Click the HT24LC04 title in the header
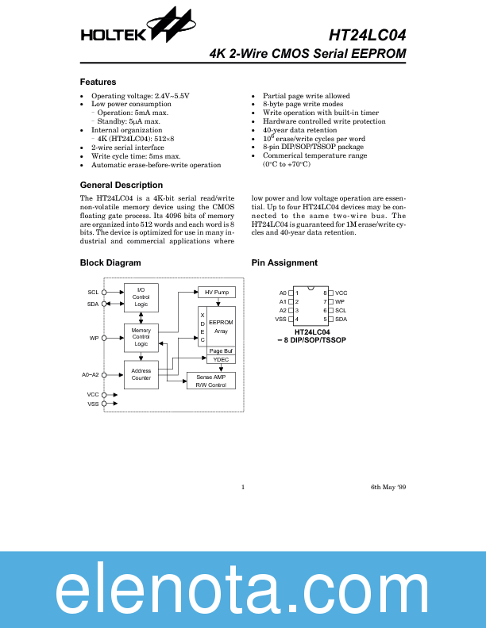pyautogui.click(x=367, y=35)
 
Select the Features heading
pyautogui.click(x=98, y=82)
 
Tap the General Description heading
pyautogui.click(x=121, y=185)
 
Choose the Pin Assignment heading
pyautogui.click(x=284, y=262)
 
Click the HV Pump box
pyautogui.click(x=216, y=293)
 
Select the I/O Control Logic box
pyautogui.click(x=141, y=297)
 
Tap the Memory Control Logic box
pyautogui.click(x=141, y=337)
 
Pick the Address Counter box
pyautogui.click(x=141, y=373)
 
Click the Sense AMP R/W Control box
pyautogui.click(x=211, y=381)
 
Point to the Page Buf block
pyautogui.click(x=221, y=350)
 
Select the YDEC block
pyautogui.click(x=221, y=360)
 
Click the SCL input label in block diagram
pyautogui.click(x=93, y=293)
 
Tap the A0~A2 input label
pyautogui.click(x=91, y=374)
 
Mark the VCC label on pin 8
pyautogui.click(x=341, y=293)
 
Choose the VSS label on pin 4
pyautogui.click(x=280, y=319)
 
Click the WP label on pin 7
pyautogui.click(x=339, y=301)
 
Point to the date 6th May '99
pyautogui.click(x=388, y=486)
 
